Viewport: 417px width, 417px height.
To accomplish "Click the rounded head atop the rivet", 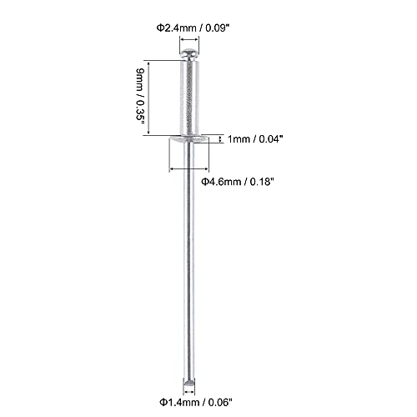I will click(x=191, y=56).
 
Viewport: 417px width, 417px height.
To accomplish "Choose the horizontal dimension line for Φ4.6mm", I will click(x=190, y=168).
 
